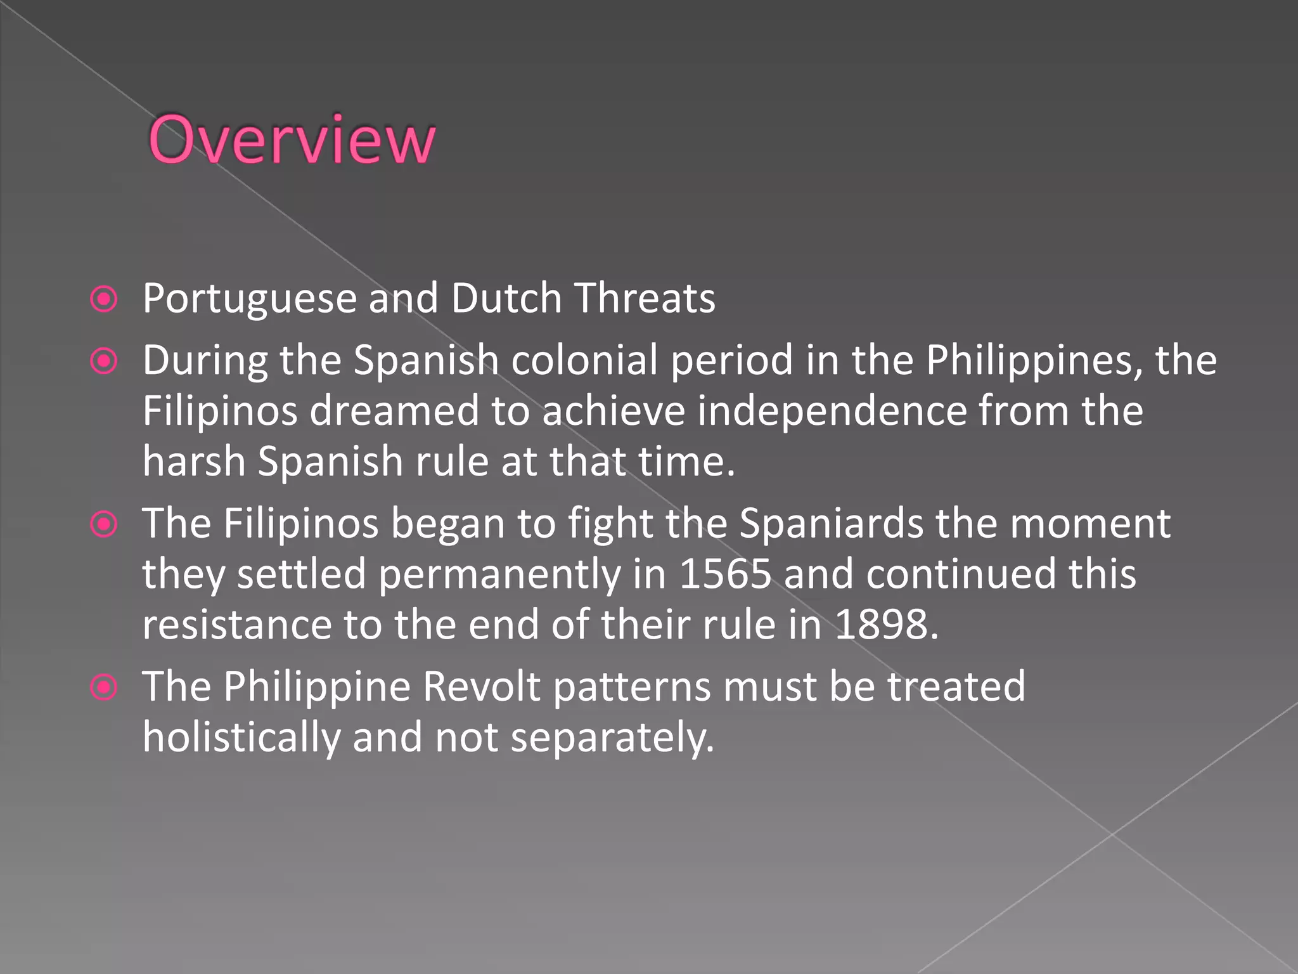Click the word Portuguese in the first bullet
click(x=249, y=299)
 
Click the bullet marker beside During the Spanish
click(x=104, y=361)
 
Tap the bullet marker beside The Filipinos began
click(x=104, y=524)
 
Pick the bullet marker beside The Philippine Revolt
click(x=104, y=687)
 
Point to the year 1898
click(x=886, y=625)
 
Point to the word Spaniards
click(x=832, y=524)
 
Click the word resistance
click(x=237, y=625)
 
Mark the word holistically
click(x=241, y=737)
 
